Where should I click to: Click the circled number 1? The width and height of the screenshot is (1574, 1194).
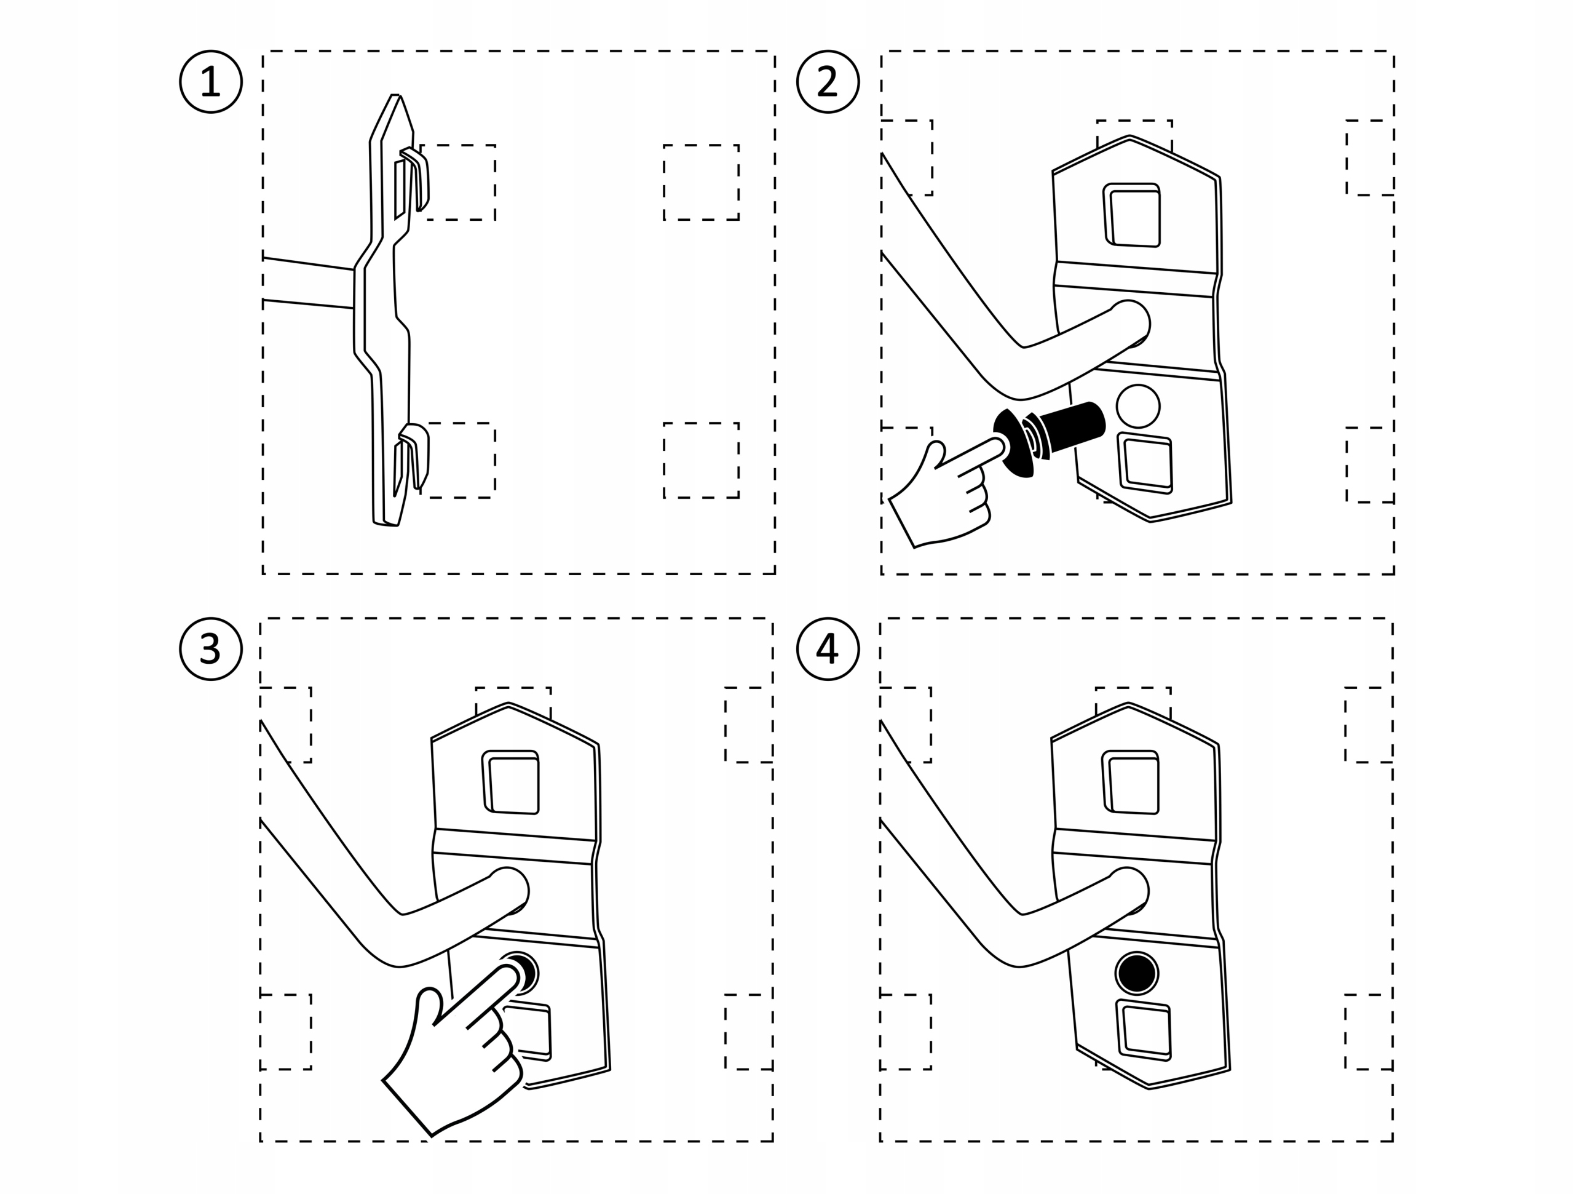click(211, 82)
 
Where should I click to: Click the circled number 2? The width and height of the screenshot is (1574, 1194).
click(828, 82)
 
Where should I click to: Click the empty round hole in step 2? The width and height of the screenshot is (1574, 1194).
click(1138, 407)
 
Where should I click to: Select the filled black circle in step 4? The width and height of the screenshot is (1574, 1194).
click(1136, 973)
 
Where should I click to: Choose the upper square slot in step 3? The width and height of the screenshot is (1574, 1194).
click(512, 783)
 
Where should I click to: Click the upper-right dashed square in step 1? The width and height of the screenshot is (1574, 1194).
click(701, 182)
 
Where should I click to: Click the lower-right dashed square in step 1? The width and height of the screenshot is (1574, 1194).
click(701, 461)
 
